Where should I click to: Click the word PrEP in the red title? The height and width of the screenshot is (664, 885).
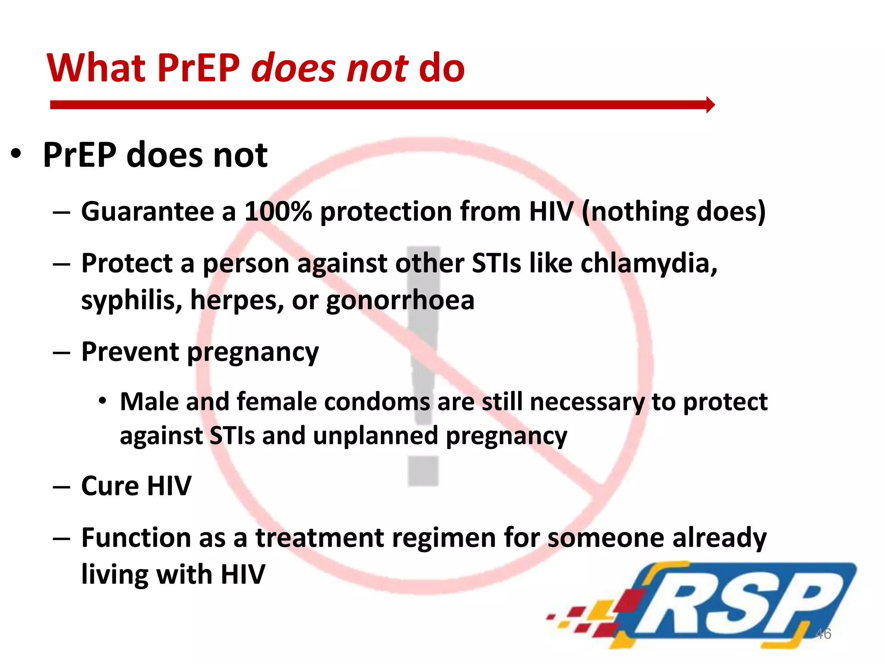pyautogui.click(x=198, y=68)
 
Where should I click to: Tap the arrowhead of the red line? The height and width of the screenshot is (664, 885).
pyautogui.click(x=710, y=105)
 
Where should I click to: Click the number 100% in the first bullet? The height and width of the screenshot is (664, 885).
pyautogui.click(x=278, y=211)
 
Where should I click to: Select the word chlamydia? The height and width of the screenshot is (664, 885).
pyautogui.click(x=649, y=263)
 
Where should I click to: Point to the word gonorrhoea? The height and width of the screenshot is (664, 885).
pyautogui.click(x=400, y=300)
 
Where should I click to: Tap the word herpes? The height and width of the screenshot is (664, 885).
pyautogui.click(x=237, y=300)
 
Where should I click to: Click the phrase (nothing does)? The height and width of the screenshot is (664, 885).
pyautogui.click(x=674, y=211)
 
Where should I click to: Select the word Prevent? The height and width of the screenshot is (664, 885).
pyautogui.click(x=130, y=351)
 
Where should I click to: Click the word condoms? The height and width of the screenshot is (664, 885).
pyautogui.click(x=377, y=402)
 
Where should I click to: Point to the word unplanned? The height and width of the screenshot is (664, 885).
pyautogui.click(x=375, y=435)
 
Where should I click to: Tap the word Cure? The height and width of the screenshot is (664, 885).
pyautogui.click(x=110, y=486)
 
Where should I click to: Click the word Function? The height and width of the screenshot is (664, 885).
pyautogui.click(x=136, y=538)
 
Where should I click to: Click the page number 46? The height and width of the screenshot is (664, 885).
pyautogui.click(x=823, y=634)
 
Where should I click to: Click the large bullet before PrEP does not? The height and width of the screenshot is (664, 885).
pyautogui.click(x=16, y=154)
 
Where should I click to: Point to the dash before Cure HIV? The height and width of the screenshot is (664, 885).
pyautogui.click(x=61, y=487)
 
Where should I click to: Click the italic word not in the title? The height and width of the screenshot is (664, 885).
pyautogui.click(x=377, y=68)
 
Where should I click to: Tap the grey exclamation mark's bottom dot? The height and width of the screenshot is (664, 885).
pyautogui.click(x=423, y=471)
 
